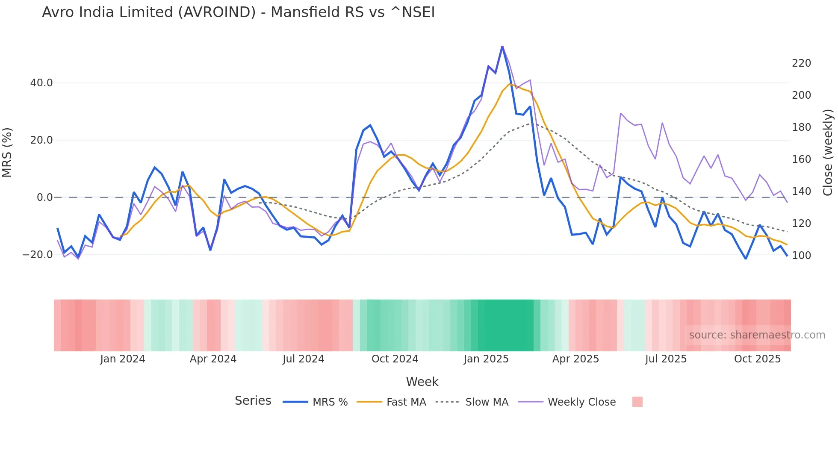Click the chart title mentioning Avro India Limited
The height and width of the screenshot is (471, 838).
238,12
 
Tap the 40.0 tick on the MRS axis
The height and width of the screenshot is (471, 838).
41,83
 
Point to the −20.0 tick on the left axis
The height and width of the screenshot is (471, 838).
38,255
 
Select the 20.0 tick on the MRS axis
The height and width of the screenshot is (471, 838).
41,140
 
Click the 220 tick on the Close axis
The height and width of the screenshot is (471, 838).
801,63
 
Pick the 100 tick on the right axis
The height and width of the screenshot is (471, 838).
801,256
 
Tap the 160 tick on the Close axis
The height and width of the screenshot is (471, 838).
801,159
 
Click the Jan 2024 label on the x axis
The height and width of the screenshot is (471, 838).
123,359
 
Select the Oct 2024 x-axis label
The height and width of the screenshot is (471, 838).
395,359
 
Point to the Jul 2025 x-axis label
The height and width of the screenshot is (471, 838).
666,359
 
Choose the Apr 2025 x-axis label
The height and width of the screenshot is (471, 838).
575,359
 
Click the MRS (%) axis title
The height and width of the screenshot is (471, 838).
7,152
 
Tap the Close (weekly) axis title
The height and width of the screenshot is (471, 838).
828,152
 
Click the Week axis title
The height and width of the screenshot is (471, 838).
422,382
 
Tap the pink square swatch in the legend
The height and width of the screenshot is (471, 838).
637,402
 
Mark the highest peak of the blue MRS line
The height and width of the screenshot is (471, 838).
502,46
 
